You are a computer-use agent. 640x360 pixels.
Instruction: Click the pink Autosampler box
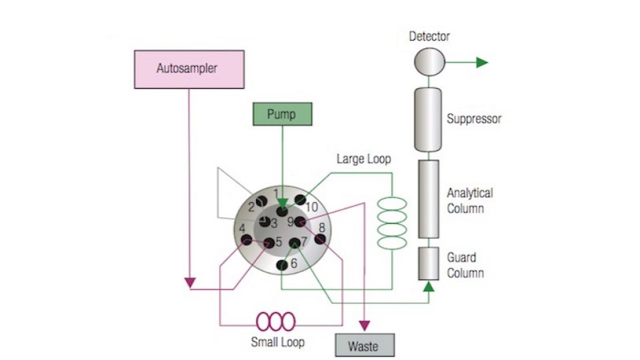(189, 69)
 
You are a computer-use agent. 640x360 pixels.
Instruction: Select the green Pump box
(282, 114)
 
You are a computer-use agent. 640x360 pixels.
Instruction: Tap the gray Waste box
(363, 345)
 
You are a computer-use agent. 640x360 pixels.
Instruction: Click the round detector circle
(429, 62)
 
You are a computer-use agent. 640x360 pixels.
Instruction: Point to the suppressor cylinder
(428, 119)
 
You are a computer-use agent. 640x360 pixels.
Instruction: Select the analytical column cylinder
(428, 199)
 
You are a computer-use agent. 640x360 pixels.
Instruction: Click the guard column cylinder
(428, 263)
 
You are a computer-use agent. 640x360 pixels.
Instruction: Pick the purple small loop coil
(276, 321)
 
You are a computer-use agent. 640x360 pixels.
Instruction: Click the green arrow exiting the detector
(481, 63)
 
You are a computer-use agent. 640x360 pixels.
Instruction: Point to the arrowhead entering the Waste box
(364, 326)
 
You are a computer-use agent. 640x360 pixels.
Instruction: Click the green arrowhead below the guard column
(428, 287)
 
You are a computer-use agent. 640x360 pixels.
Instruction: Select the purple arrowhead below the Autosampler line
(190, 283)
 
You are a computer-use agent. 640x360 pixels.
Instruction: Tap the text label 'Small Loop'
(277, 343)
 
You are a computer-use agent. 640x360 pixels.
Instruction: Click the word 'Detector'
(429, 36)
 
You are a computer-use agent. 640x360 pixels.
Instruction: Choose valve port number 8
(321, 239)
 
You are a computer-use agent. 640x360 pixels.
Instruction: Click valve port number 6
(283, 265)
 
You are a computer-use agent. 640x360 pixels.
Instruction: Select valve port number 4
(247, 239)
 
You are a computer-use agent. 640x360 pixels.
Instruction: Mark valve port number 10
(301, 200)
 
